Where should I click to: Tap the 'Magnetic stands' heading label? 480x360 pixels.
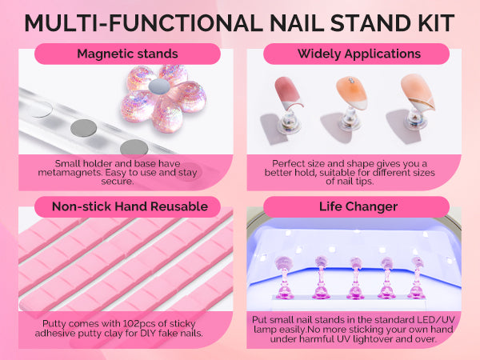coord(127,54)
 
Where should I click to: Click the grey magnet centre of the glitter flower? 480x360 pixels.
coord(159,86)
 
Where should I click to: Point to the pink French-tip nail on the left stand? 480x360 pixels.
coord(288,93)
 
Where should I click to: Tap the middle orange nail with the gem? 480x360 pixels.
coord(352,93)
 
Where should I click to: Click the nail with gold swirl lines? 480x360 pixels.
coord(418,91)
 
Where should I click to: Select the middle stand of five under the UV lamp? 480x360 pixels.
coord(355,278)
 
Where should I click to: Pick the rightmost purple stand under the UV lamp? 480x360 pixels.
coord(418,278)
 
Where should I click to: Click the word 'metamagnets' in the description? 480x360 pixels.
coord(70,173)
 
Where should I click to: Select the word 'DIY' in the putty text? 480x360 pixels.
coord(147,333)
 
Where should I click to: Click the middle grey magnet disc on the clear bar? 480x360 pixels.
coord(83,128)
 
